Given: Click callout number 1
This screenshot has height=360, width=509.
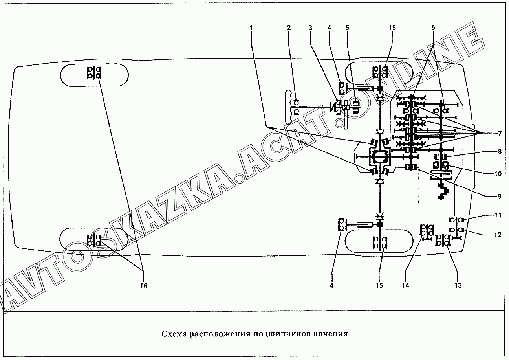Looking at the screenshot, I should [x=251, y=28].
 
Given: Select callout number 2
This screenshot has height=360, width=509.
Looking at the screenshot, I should [x=289, y=28].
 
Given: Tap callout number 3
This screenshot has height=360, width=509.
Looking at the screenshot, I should [x=310, y=28].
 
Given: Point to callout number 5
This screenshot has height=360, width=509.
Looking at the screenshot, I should [x=347, y=28].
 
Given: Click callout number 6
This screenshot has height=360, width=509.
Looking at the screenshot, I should [x=433, y=28].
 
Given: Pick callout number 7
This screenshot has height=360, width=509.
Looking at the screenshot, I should [x=500, y=134].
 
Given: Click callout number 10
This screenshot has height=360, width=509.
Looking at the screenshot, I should [x=498, y=174].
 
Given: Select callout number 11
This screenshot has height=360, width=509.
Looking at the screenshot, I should [x=498, y=215].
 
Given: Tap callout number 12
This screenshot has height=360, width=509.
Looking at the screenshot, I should [x=498, y=235].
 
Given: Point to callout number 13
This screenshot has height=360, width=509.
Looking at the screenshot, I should [x=458, y=286].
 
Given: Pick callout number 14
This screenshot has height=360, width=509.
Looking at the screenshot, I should [x=406, y=286].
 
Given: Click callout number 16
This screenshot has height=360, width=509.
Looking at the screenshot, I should [x=144, y=286].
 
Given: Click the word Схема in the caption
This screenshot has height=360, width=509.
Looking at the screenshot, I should [x=174, y=334].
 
